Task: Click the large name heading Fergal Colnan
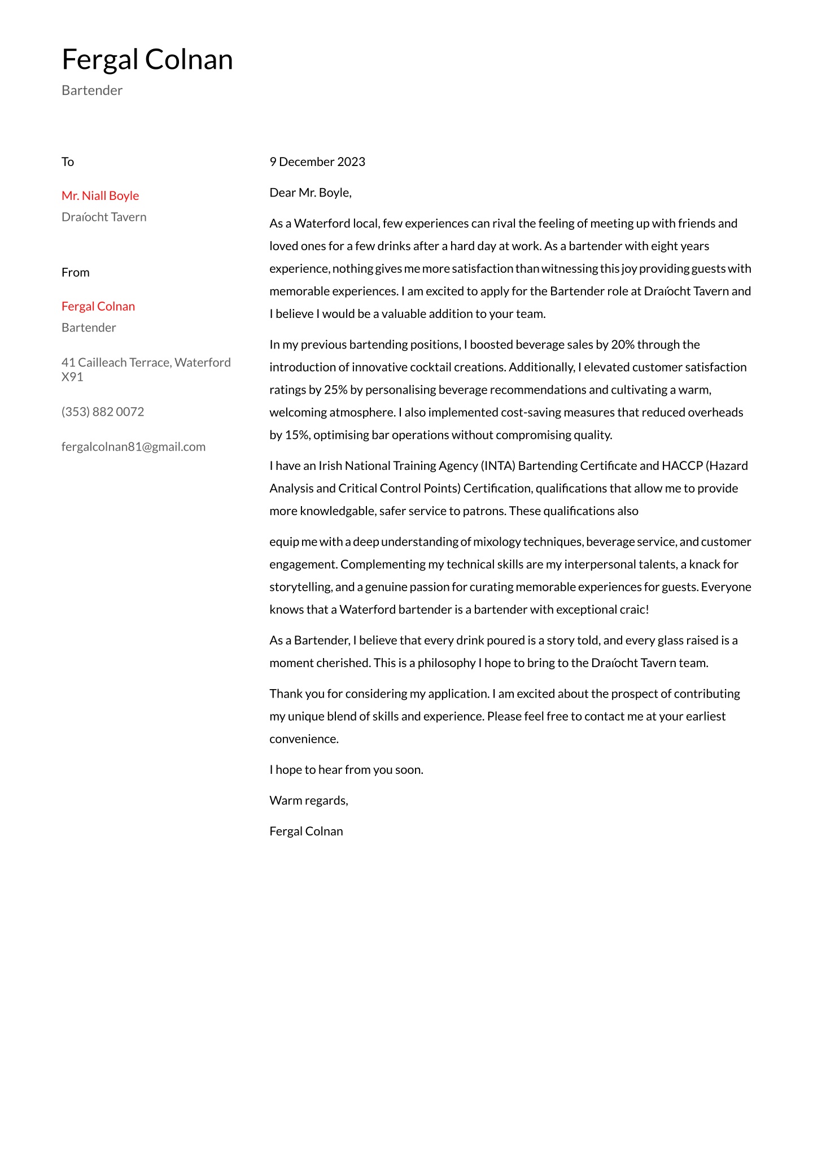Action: (147, 59)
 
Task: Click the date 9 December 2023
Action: (317, 162)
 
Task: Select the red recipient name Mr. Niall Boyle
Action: (100, 196)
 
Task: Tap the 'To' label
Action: (68, 162)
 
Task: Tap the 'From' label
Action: (75, 273)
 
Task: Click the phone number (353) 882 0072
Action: (103, 412)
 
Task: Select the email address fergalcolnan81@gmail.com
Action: (133, 447)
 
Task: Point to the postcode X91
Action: (72, 377)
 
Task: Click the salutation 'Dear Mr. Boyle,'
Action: (311, 193)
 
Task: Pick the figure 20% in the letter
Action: (622, 345)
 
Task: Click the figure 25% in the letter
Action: (335, 390)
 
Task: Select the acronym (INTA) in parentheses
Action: (498, 466)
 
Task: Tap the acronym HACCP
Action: (682, 466)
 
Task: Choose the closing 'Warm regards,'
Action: (309, 800)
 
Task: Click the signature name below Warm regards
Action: (306, 831)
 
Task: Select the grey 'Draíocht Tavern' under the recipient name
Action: (104, 217)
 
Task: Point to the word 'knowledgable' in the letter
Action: (337, 511)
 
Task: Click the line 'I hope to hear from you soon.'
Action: (346, 770)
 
